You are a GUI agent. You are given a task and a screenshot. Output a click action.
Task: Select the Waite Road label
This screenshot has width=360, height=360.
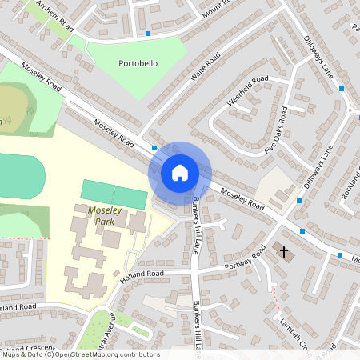coord(205,69)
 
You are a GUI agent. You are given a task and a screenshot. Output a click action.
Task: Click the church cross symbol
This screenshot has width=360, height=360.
coord(283,252)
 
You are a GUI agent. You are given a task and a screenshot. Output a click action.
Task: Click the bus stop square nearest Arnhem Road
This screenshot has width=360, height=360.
coord(148,34)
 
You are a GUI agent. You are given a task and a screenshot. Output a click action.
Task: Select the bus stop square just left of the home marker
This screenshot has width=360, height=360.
coord(154,148)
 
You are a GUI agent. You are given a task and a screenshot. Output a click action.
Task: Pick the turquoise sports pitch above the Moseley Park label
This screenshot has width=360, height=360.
coord(114,194)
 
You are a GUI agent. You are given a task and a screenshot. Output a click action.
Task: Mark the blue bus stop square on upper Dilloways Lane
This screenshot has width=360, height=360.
coord(342,88)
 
